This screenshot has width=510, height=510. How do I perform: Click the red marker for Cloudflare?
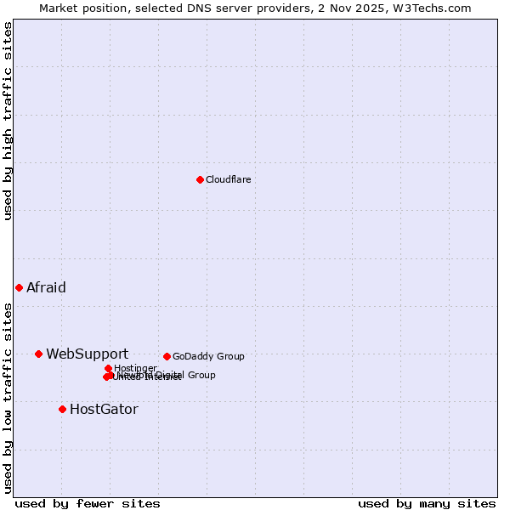click(x=200, y=179)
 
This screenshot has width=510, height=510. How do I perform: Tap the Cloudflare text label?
click(x=228, y=179)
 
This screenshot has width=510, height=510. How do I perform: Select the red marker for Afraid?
click(x=19, y=287)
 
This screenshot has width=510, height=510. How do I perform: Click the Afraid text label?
click(x=46, y=287)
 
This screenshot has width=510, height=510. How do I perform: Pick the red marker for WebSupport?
click(x=38, y=354)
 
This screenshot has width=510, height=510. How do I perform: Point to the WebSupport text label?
click(x=87, y=354)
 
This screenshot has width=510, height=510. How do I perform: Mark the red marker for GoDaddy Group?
click(x=167, y=356)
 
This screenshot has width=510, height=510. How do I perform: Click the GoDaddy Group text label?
click(x=208, y=356)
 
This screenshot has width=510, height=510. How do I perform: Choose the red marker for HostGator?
click(x=62, y=409)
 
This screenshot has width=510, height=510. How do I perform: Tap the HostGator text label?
click(x=104, y=409)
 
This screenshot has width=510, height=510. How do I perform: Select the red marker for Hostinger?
click(x=108, y=368)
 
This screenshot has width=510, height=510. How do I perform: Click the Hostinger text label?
click(x=136, y=368)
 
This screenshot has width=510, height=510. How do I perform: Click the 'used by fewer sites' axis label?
click(x=88, y=503)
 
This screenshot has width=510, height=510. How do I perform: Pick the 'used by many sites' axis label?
click(x=427, y=503)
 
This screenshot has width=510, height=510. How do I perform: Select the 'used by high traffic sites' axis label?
click(x=8, y=121)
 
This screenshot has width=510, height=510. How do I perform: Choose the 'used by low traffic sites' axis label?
click(x=8, y=398)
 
